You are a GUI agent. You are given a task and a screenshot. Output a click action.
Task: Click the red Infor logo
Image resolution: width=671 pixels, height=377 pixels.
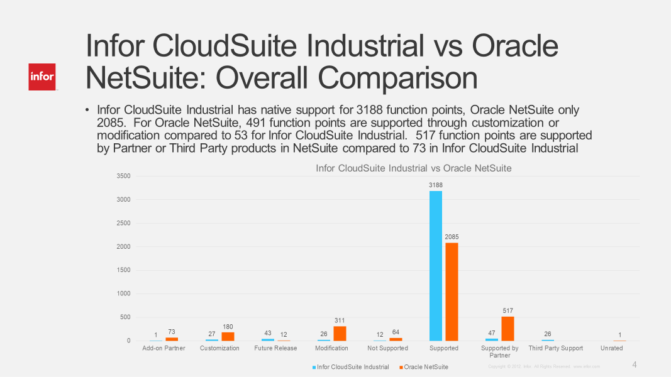42,77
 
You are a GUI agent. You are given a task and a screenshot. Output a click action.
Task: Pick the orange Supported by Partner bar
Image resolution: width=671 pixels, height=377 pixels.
507,329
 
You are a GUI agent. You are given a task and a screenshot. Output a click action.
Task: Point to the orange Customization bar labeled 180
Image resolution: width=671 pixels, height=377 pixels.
228,337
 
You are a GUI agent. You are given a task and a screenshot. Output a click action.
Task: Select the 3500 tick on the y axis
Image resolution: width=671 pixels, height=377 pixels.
123,176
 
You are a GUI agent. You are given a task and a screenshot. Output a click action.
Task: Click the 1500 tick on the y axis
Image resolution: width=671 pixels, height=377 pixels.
123,270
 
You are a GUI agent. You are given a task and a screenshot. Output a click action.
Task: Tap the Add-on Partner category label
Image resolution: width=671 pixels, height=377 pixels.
164,348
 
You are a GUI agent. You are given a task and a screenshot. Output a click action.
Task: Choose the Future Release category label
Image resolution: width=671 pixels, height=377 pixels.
275,348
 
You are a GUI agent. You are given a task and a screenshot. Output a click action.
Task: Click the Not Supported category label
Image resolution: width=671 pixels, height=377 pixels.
387,348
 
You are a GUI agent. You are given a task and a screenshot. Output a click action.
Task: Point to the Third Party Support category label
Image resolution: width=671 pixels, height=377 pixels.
555,348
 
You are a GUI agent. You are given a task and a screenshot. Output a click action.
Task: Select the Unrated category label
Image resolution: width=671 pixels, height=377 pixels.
611,348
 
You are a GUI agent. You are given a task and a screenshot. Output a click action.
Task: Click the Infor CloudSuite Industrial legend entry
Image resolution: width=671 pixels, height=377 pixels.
352,367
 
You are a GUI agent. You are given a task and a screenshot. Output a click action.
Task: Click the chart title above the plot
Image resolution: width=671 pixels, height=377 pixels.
413,168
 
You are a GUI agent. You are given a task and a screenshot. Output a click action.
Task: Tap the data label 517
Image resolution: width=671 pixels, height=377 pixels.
508,311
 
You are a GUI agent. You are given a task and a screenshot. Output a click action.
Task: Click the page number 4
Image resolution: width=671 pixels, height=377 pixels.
635,365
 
